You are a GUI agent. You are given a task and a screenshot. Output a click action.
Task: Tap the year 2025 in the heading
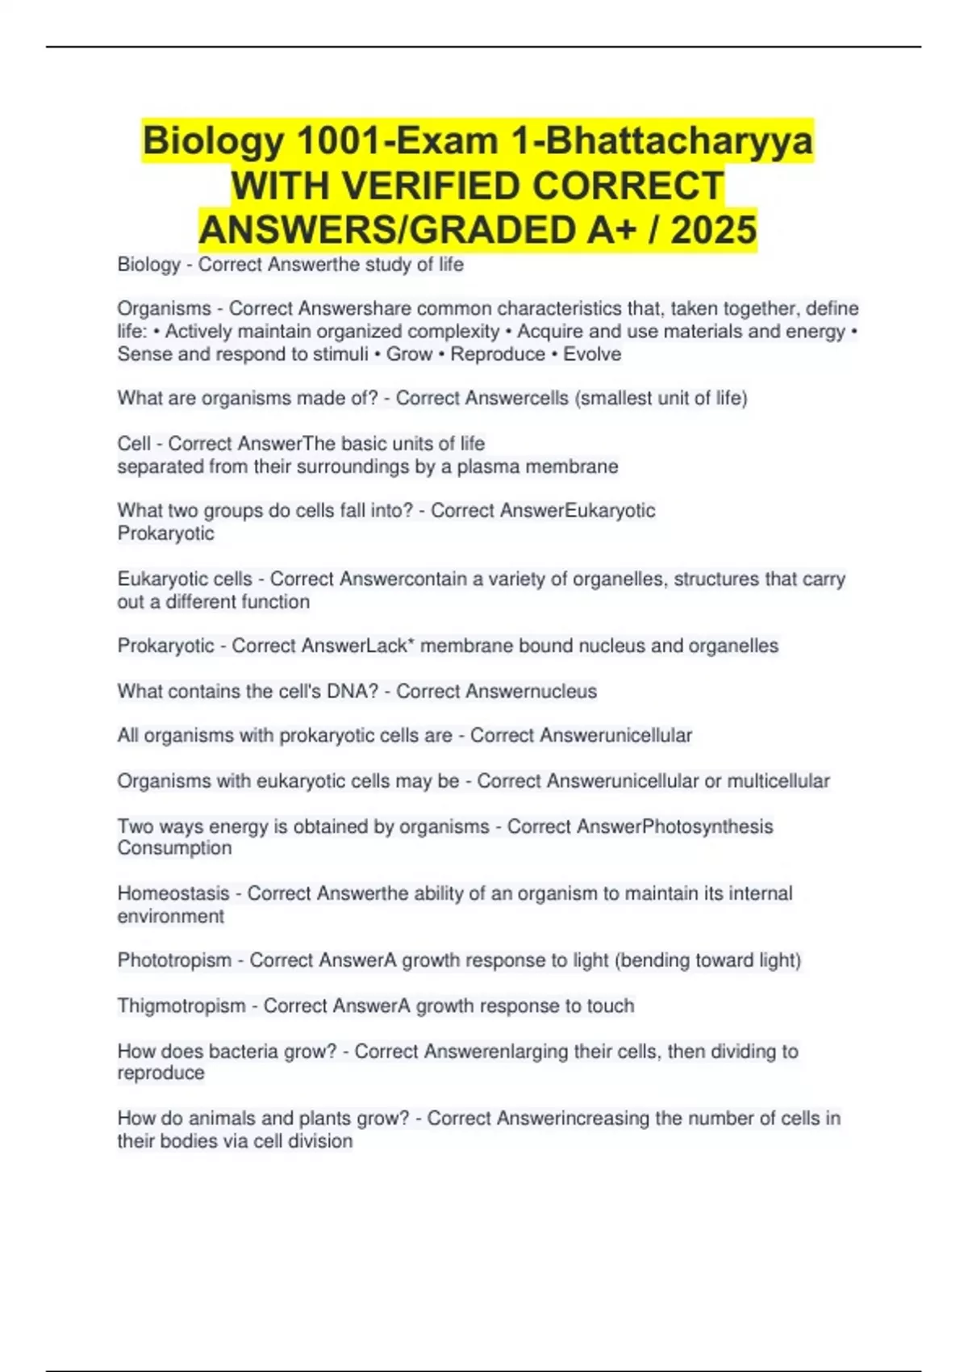pyautogui.click(x=713, y=230)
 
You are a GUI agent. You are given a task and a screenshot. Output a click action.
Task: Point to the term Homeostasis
pyautogui.click(x=173, y=893)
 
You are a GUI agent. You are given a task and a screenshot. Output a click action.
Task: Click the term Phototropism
pyautogui.click(x=174, y=960)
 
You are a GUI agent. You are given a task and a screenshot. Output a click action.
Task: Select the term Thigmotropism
pyautogui.click(x=181, y=1006)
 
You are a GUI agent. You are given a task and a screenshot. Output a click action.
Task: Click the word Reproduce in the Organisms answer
pyautogui.click(x=498, y=354)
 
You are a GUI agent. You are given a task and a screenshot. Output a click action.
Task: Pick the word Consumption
pyautogui.click(x=174, y=848)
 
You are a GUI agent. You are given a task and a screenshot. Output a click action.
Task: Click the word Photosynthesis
pyautogui.click(x=707, y=826)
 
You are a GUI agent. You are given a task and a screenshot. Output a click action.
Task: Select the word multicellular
pyautogui.click(x=778, y=781)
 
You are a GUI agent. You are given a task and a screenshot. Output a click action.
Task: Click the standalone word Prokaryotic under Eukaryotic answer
pyautogui.click(x=165, y=533)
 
